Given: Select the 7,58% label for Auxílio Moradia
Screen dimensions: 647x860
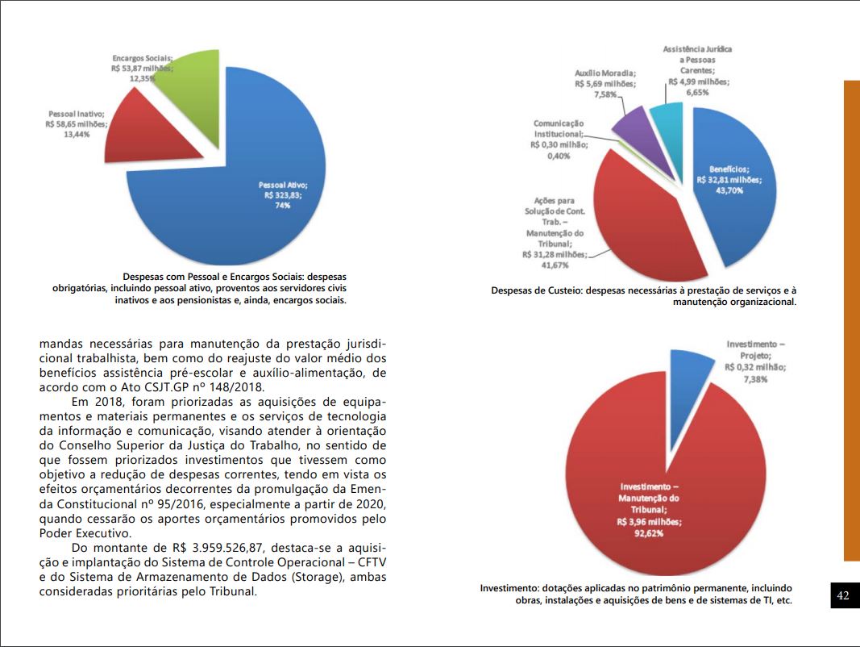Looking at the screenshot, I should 605,94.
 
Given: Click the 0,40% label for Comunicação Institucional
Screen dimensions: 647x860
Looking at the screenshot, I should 559,156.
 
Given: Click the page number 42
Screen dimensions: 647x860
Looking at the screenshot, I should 843,595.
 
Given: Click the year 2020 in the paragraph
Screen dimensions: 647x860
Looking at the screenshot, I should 367,504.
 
